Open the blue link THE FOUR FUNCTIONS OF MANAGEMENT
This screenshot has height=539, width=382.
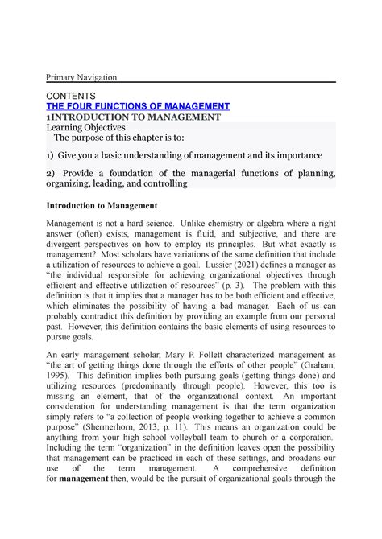(138, 106)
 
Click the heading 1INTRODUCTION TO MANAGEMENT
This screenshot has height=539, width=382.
(122, 117)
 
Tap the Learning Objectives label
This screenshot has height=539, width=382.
(85, 127)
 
